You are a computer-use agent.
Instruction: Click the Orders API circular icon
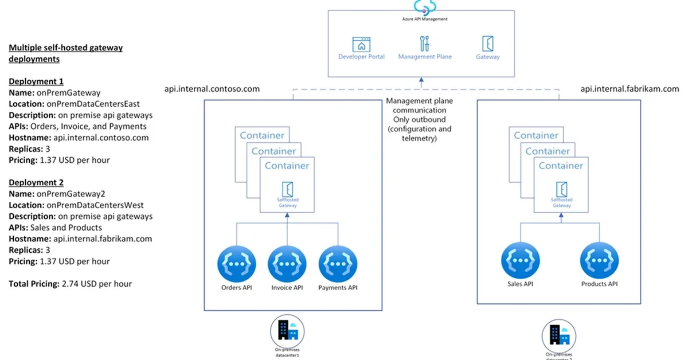pos(236,263)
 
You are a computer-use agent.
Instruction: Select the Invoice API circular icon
pos(287,263)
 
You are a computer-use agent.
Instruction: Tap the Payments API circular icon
pos(338,263)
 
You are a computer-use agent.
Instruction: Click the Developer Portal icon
pos(361,44)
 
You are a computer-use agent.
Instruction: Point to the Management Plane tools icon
pos(425,44)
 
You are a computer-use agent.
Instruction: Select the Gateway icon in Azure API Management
pos(488,44)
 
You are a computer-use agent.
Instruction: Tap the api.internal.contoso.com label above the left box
pos(212,89)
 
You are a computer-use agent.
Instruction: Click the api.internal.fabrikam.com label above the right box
pos(630,89)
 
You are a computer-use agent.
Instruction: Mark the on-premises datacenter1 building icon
pos(287,331)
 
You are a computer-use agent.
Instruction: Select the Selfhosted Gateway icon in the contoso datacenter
pos(288,189)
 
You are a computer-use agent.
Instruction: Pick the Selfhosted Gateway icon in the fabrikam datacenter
pos(562,189)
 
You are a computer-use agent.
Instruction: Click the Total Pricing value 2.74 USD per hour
pos(97,283)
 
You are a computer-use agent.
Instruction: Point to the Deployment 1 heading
pos(36,81)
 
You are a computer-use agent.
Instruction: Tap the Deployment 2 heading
pos(36,183)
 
